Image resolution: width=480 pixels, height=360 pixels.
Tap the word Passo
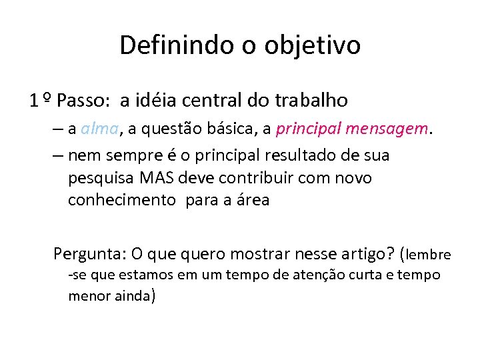(x=85, y=101)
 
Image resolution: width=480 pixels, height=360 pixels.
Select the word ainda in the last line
(x=131, y=295)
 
